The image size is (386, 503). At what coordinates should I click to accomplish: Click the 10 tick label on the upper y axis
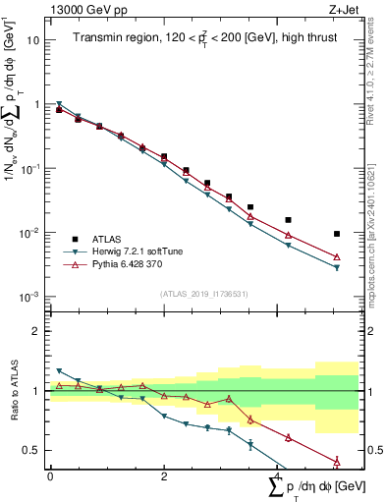tap(33, 40)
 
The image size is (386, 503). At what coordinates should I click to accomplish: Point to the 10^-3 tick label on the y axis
tap(30, 297)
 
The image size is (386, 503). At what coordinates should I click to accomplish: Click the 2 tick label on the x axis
tap(164, 476)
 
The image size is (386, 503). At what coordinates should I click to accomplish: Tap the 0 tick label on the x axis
tap(50, 476)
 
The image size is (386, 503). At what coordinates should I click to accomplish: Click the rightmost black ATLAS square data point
tap(337, 234)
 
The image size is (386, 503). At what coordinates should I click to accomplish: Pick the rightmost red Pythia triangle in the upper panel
tap(337, 257)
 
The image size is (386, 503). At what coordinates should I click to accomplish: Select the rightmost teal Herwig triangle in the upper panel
tap(337, 268)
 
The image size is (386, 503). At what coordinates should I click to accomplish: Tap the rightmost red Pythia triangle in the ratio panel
tap(337, 461)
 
